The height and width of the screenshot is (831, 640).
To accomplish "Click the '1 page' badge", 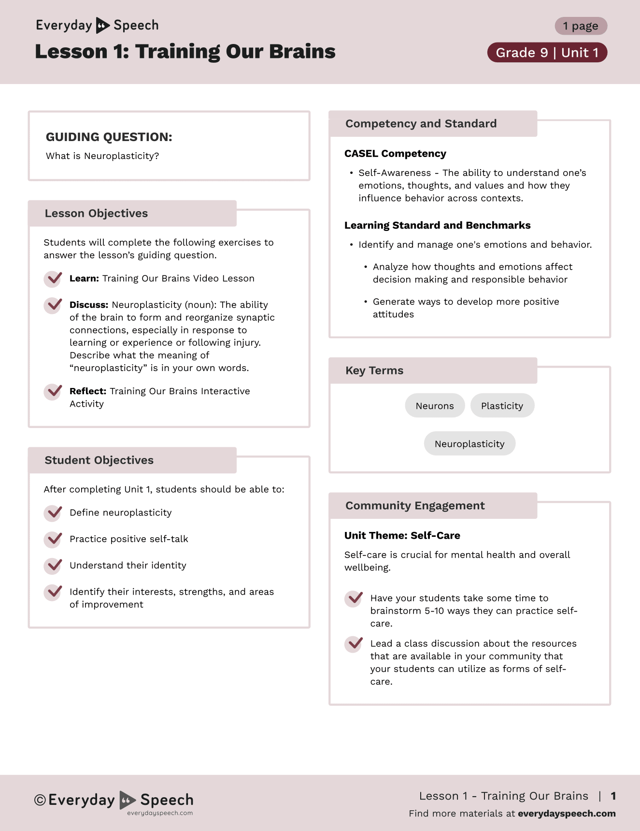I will coord(581,26).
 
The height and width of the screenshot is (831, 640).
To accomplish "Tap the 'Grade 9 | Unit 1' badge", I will coord(547,53).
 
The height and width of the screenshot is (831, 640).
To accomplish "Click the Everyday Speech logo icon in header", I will coord(102,25).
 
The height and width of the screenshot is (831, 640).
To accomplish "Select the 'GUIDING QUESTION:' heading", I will coord(109,137).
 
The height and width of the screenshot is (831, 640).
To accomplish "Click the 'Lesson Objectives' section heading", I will coord(96,214).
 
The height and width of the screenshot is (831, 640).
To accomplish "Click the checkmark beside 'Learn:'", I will coord(53,279).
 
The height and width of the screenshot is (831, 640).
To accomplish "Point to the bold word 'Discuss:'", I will coord(89,305).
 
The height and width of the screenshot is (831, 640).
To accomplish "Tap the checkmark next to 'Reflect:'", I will coord(53,391).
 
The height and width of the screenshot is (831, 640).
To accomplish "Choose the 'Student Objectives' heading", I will coord(99,460).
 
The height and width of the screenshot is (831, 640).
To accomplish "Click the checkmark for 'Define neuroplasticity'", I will coord(53,513).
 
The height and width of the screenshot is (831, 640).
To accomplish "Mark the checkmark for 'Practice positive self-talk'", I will coord(53,539).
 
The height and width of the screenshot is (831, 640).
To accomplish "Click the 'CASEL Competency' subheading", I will coord(395,154).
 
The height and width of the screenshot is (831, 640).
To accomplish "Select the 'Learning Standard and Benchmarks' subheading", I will coord(437,226).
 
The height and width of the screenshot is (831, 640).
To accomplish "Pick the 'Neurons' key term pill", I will coord(435,406).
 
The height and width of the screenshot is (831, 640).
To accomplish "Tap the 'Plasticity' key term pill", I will coord(502,406).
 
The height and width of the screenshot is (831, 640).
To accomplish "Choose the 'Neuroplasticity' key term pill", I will coord(469,444).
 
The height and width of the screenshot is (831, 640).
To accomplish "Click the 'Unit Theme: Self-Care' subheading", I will coord(402,536).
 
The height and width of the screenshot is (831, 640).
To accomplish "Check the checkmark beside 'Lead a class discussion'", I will coord(354,644).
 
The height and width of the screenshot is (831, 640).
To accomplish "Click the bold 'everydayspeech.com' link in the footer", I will coord(567,814).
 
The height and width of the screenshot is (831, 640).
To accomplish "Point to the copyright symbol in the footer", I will coord(40,800).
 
